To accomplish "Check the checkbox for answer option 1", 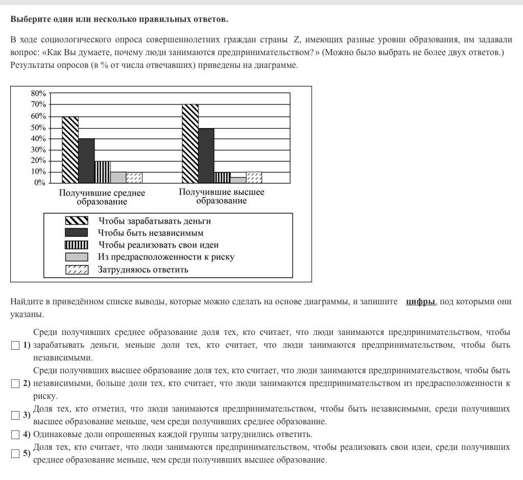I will [x=15, y=346].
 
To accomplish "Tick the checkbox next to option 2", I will [x=15, y=383].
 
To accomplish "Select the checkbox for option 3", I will [x=15, y=415].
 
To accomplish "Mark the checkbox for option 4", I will [x=15, y=435].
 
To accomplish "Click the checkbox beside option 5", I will [x=15, y=453].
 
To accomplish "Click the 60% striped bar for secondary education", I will [x=70, y=150].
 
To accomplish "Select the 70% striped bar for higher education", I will [x=190, y=143].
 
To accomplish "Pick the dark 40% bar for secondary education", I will [x=86, y=160].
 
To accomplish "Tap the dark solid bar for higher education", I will [x=206, y=155].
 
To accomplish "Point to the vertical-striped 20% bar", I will [x=102, y=172].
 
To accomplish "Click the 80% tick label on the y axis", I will [x=38, y=93].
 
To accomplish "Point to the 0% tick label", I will [x=40, y=183].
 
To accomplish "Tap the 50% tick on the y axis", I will [x=38, y=127].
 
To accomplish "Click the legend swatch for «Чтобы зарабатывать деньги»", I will [x=77, y=221].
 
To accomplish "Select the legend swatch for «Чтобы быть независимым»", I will [x=77, y=233].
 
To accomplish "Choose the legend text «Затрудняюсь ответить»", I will [x=143, y=270].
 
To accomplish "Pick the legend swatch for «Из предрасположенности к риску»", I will [x=77, y=257].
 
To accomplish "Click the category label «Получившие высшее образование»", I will [x=221, y=197].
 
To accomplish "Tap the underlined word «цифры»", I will [x=420, y=302].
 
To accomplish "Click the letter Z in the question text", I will [x=297, y=39].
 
